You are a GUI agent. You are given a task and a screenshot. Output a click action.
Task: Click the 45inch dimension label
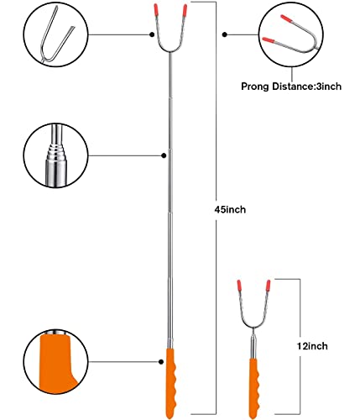click(x=230, y=209)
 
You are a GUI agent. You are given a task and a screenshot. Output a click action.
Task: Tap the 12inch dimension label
click(x=312, y=346)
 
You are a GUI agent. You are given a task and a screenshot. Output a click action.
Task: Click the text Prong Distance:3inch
click(x=291, y=87)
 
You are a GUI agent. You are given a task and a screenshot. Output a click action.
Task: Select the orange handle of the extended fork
click(x=171, y=383)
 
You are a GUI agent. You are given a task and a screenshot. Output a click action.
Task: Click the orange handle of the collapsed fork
click(x=254, y=388)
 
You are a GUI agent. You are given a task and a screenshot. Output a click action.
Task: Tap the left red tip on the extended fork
click(x=156, y=10)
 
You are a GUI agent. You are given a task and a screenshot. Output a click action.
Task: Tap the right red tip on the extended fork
click(x=185, y=10)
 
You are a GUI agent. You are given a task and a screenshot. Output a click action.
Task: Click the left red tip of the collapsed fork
click(x=239, y=286)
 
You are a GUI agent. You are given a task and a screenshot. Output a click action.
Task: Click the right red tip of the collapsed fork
click(x=269, y=286)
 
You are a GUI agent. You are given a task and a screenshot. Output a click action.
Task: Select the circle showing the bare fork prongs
click(x=55, y=34)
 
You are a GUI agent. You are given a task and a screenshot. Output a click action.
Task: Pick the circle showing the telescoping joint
click(x=55, y=155)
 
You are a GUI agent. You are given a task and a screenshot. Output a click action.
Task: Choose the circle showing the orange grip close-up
click(x=55, y=361)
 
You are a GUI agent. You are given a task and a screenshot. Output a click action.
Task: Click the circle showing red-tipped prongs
click(x=291, y=34)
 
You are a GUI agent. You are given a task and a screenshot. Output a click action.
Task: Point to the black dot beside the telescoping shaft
click(x=164, y=155)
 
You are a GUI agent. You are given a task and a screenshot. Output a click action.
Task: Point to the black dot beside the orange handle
click(x=161, y=362)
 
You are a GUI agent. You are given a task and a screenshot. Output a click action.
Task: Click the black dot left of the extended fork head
click(x=152, y=34)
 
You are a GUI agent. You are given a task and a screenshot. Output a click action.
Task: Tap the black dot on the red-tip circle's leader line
click(x=225, y=34)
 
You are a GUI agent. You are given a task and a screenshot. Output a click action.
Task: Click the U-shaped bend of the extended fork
click(x=170, y=51)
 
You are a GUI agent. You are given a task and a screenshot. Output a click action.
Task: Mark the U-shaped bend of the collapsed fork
click(x=253, y=327)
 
